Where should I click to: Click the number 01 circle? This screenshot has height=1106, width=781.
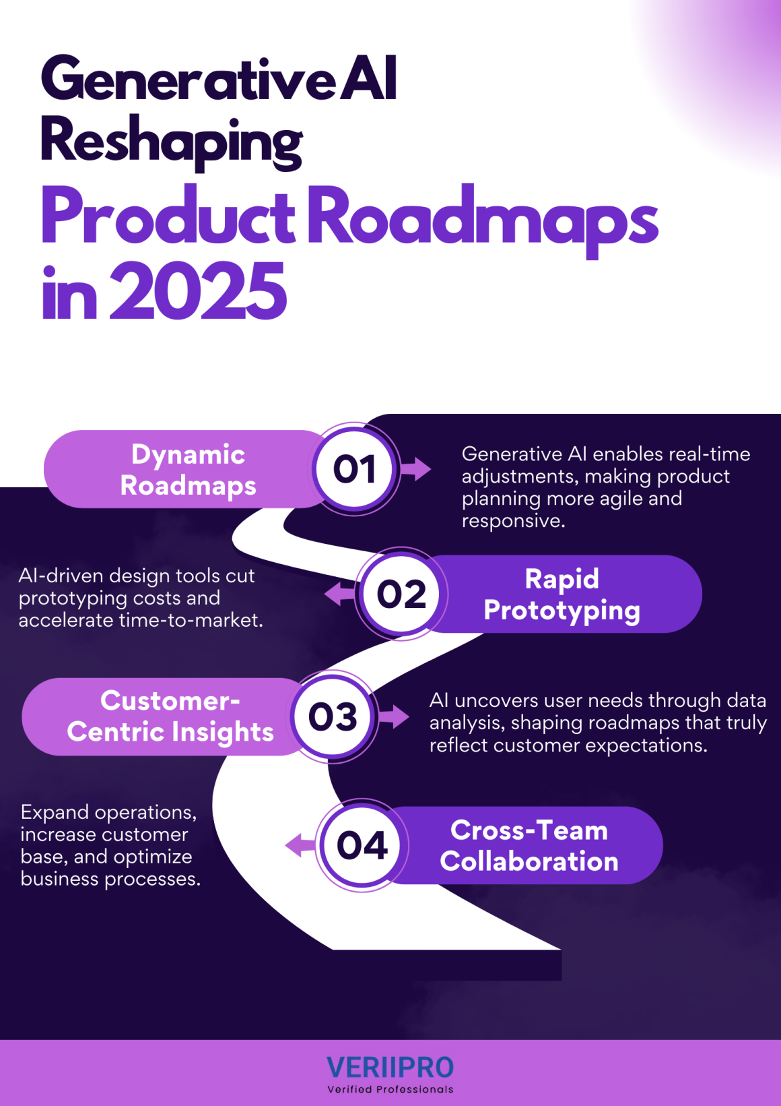point(355,468)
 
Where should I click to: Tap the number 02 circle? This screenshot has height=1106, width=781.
point(401,594)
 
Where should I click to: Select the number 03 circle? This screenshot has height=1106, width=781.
point(333,716)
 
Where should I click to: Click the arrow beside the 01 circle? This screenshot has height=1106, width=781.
point(415,469)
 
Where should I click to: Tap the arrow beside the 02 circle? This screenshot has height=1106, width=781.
point(339,593)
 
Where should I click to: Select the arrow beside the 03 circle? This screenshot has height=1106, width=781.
point(394,716)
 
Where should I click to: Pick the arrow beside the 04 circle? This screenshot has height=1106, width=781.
point(300,845)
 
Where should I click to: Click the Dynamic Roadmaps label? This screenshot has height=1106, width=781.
point(189,470)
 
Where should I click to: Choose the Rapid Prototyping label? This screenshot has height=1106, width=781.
point(562,594)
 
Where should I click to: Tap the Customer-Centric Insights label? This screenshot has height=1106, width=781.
point(170,716)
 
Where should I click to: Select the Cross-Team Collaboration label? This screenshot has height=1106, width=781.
point(529,846)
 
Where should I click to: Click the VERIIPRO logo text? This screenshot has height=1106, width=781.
point(390,1068)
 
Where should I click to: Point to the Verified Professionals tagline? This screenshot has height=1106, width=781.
point(390,1089)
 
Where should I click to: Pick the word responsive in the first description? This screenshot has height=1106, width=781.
point(514,521)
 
